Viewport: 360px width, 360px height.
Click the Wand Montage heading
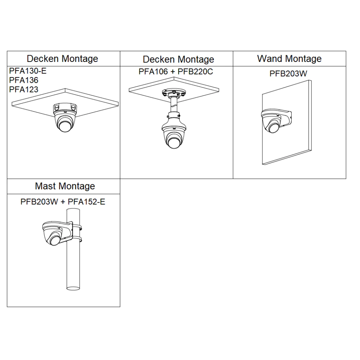pos(289,59)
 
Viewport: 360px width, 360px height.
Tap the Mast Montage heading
pos(65,186)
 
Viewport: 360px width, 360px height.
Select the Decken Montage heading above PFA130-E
pos(62,59)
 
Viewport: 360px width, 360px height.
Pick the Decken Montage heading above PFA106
pos(179,59)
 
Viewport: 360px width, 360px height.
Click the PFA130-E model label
pos(28,71)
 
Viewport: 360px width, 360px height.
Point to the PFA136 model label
pos(24,80)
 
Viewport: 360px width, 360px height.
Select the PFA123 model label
pos(24,89)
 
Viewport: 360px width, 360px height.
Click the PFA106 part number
pos(153,72)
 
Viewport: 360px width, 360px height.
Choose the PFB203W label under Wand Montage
pos(288,74)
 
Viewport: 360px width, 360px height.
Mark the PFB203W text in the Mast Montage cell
pos(39,202)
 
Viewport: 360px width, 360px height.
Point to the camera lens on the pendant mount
pos(174,141)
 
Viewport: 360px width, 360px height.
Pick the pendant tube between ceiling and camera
pos(174,106)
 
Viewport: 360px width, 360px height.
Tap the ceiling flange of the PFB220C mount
pos(174,94)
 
